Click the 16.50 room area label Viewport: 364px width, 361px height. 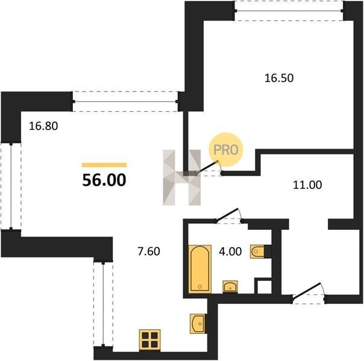coord(279,78)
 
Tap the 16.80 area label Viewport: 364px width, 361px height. coord(43,126)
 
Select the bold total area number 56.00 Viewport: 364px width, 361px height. coord(104,180)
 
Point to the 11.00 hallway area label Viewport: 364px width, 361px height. coord(307,185)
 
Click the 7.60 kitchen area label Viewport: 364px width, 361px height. coord(149,251)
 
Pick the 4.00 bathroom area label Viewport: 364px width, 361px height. coord(230,251)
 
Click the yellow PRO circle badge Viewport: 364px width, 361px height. coord(225,149)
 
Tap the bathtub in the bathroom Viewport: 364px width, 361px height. coord(200,269)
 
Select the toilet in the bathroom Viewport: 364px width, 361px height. coord(257,251)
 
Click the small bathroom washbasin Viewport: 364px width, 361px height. coord(230,286)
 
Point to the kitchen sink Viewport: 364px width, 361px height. coord(198,324)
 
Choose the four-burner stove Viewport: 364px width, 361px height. coord(149,340)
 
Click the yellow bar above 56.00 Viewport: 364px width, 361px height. coord(104,165)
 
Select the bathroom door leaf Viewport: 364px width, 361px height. coord(227,214)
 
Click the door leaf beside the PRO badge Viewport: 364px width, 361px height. coord(208,167)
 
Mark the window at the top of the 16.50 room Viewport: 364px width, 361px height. coord(289,11)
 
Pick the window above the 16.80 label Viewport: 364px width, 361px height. coord(125,102)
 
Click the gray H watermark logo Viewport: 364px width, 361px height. coord(182,177)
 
